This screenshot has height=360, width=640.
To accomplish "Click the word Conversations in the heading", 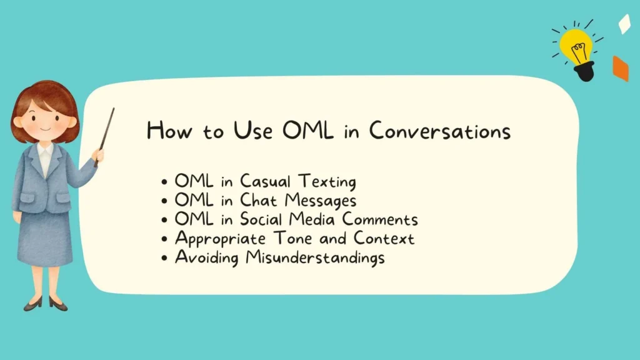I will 439,131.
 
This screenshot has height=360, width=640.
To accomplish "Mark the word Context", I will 384,238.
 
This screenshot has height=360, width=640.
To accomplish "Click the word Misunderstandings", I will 315,257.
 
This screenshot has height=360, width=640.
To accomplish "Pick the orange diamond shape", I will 620,69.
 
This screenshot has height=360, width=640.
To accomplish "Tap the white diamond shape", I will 624,24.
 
